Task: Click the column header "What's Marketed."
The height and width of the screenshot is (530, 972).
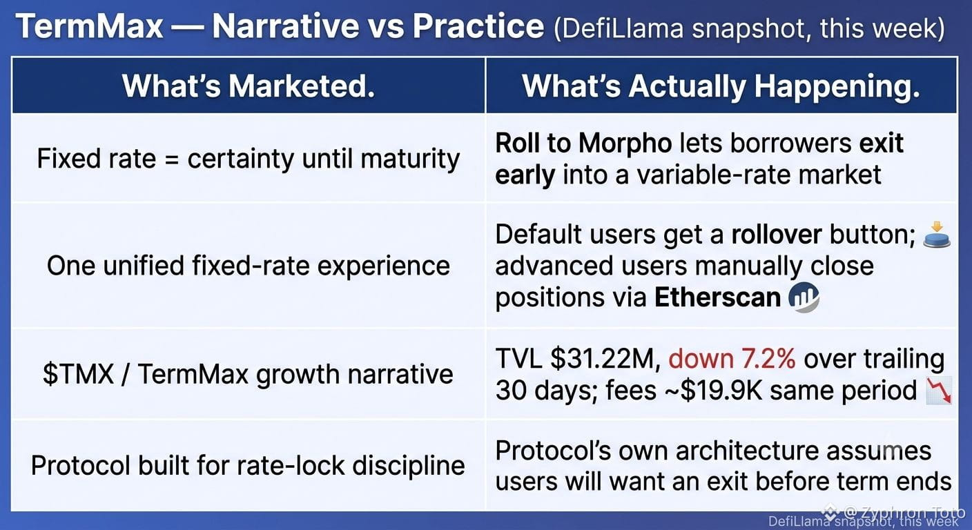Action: [x=249, y=86]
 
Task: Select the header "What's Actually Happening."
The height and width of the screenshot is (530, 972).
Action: [x=721, y=86]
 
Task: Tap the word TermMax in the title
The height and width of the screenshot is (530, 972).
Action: [x=89, y=26]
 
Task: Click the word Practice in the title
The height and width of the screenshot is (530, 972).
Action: [x=478, y=26]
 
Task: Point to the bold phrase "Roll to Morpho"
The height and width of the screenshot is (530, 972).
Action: [x=583, y=143]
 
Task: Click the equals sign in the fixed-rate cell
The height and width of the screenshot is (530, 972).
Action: [x=172, y=159]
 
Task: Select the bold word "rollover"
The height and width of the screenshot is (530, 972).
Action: [x=777, y=235]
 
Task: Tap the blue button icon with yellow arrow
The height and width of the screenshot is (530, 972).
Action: [x=937, y=235]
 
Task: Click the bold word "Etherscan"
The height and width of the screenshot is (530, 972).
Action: [x=717, y=297]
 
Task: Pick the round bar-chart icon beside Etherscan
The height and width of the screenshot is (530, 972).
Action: [x=804, y=297]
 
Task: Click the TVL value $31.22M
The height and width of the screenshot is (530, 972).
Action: [x=605, y=359]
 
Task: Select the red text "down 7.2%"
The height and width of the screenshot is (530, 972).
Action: [x=732, y=359]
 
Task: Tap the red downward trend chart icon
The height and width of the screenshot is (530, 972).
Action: [x=939, y=391]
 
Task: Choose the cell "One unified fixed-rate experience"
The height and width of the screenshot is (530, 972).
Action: [x=249, y=266]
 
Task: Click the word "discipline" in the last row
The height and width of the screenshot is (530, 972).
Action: [x=408, y=465]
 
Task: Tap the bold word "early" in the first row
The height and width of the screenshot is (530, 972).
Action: [x=525, y=175]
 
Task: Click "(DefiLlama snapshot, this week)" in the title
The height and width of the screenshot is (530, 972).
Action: [x=750, y=28]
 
